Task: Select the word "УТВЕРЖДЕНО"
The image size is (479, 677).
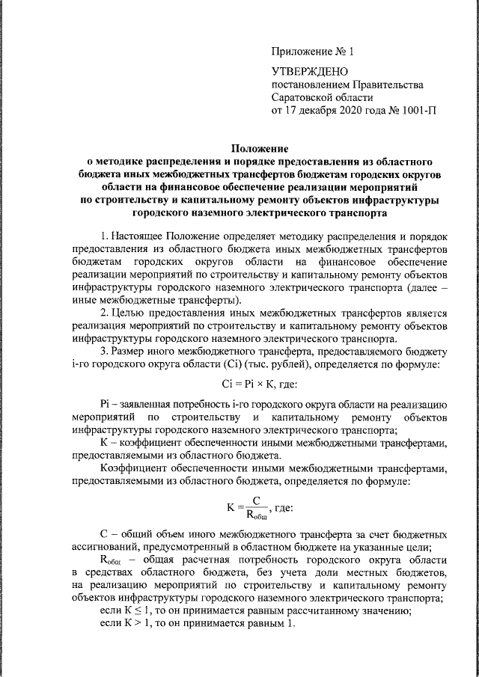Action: [x=307, y=72]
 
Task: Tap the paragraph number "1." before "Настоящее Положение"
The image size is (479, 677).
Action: [x=106, y=237]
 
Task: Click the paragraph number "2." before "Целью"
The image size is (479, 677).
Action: [x=106, y=313]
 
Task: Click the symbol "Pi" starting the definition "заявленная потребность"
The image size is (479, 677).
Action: [x=105, y=404]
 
